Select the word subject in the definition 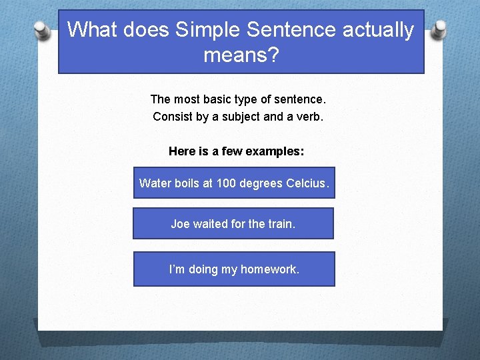pyautogui.click(x=240, y=117)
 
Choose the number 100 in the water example pyautogui.click(x=226, y=183)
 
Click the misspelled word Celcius pyautogui.click(x=307, y=183)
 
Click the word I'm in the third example pyautogui.click(x=177, y=269)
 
